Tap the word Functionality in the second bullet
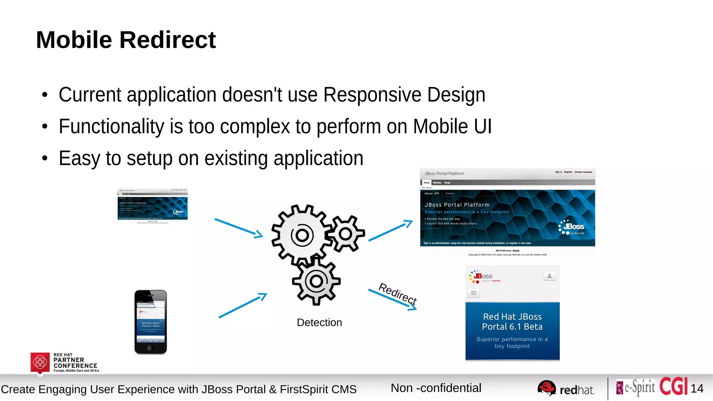click(111, 126)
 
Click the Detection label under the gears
click(319, 323)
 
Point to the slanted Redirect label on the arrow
click(398, 293)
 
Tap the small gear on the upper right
click(346, 234)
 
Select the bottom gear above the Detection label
click(316, 281)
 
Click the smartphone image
click(151, 322)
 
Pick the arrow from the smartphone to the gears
click(243, 306)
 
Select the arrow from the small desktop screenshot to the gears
click(238, 228)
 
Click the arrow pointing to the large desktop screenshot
click(390, 230)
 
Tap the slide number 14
click(697, 388)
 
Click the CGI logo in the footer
click(673, 386)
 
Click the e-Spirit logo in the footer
click(636, 387)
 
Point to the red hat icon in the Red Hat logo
click(547, 387)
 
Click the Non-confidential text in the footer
click(436, 388)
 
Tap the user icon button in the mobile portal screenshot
click(549, 276)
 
